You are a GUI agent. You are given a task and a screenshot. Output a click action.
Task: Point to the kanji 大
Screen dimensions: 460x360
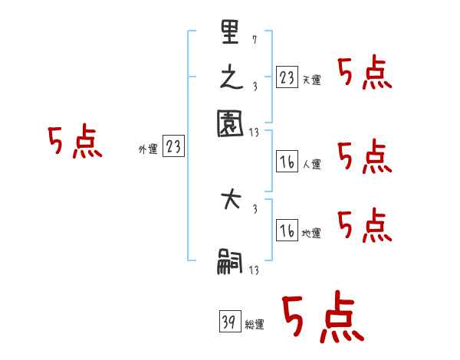pos(230,202)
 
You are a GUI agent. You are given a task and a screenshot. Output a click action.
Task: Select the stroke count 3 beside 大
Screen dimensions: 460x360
pos(254,208)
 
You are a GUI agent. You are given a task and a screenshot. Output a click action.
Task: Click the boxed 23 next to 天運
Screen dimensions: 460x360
pos(286,78)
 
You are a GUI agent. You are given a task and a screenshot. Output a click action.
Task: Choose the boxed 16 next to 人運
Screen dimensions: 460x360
pos(286,162)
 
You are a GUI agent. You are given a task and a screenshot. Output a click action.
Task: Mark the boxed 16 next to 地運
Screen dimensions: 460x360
pos(286,231)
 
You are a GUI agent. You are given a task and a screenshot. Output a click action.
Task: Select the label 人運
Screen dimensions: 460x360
pos(311,164)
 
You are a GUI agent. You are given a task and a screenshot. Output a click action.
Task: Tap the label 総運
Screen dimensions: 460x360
pos(255,325)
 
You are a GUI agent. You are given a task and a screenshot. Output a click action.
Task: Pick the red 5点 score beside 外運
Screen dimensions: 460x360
pos(75,143)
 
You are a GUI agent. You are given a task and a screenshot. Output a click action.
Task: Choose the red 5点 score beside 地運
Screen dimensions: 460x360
pos(364,226)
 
